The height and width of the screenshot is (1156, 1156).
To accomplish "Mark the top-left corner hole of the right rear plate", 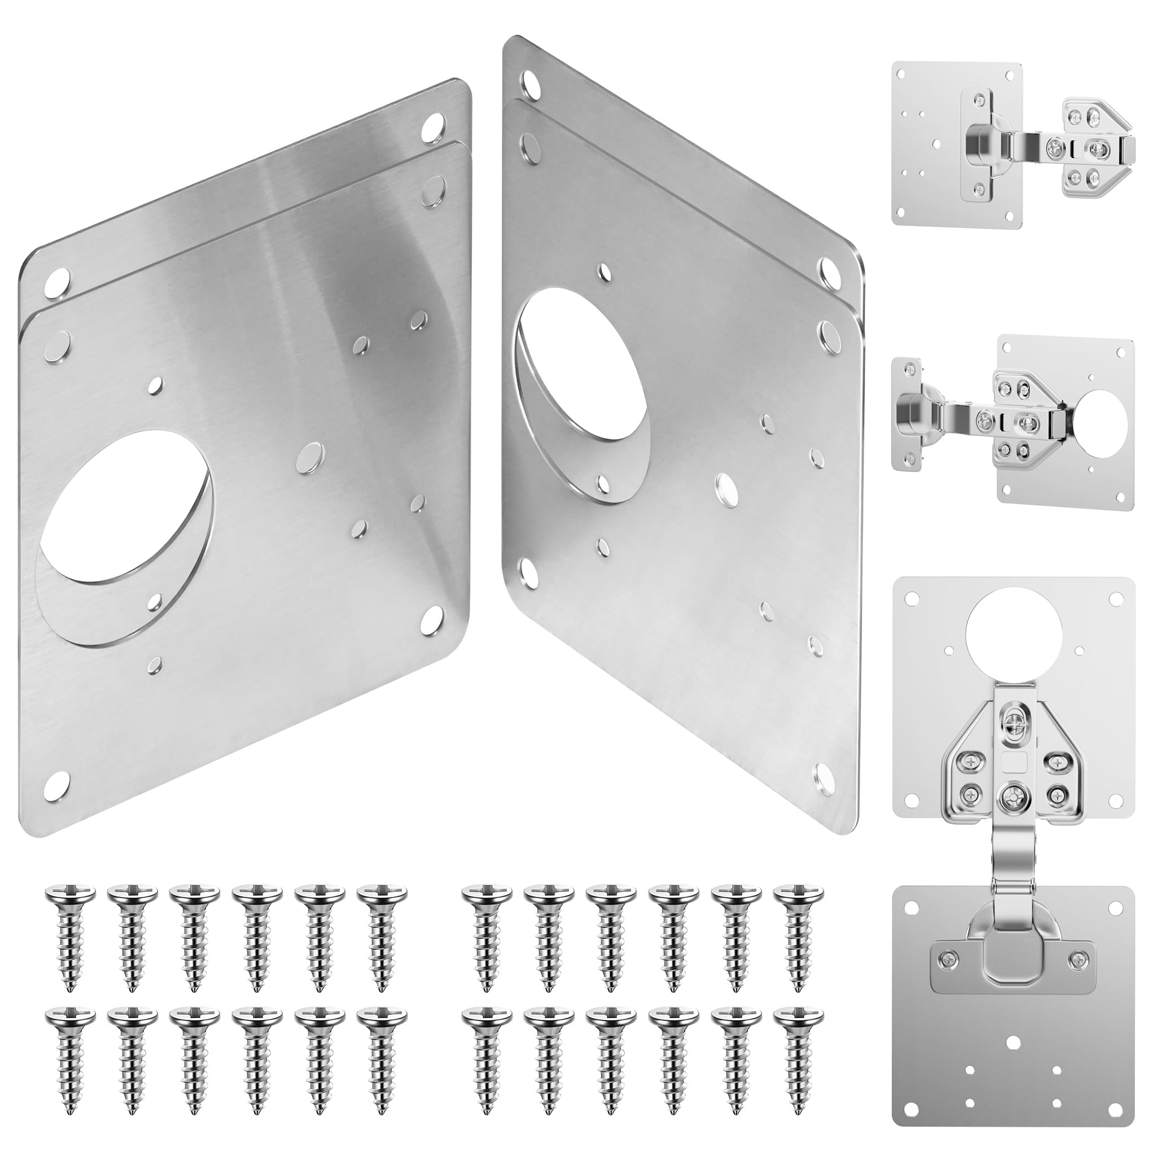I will pos(529,80).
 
